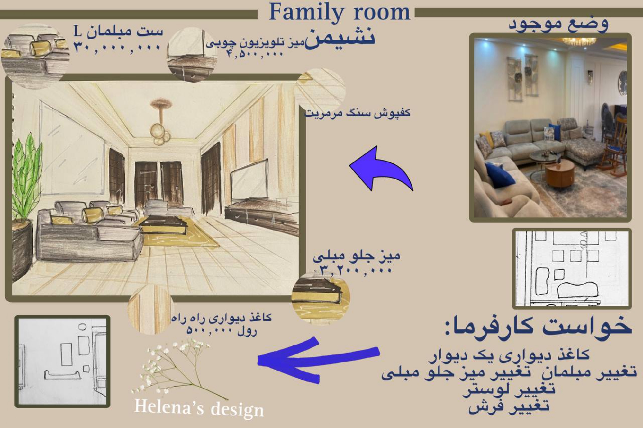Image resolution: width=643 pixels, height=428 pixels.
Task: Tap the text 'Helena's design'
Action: (199, 408)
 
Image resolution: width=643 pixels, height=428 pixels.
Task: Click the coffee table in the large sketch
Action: (164, 224)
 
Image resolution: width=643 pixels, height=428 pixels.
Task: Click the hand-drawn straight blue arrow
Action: (318, 360)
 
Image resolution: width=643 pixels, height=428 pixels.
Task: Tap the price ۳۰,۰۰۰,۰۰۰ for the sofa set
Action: (117, 48)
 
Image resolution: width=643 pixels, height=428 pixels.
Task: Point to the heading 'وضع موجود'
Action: (558, 24)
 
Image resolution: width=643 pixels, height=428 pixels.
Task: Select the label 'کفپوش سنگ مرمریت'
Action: (358, 113)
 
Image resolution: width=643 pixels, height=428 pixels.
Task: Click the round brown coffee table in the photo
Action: (559, 174)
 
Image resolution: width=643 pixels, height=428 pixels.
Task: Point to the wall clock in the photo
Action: (622, 83)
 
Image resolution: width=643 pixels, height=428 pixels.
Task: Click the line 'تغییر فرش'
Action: (509, 406)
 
